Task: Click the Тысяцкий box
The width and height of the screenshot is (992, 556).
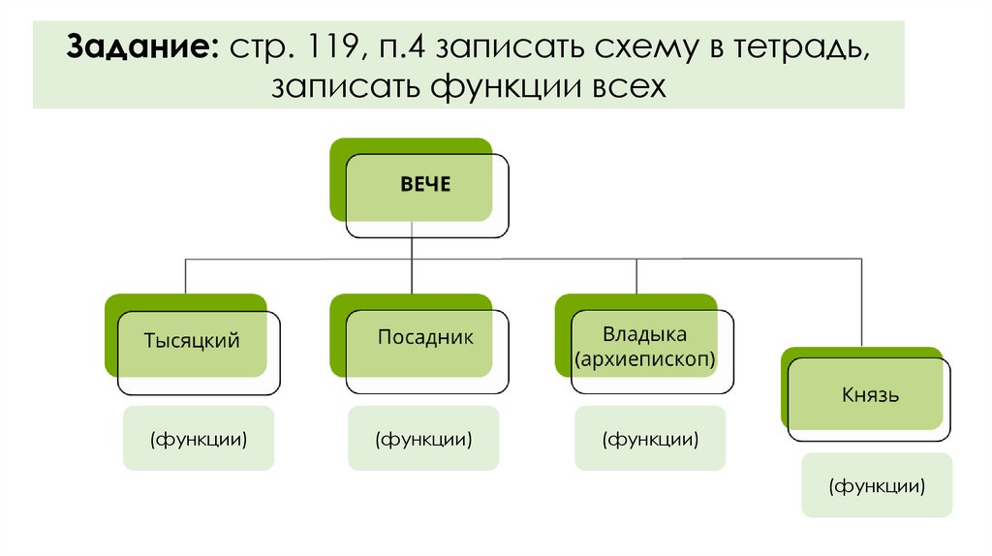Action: (192, 341)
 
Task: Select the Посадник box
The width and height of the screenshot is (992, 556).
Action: (424, 338)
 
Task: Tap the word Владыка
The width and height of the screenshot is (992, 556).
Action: (644, 334)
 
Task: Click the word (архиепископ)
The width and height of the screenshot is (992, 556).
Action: (644, 359)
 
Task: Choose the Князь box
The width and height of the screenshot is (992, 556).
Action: (871, 395)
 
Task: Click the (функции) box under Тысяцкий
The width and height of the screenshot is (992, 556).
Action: (199, 439)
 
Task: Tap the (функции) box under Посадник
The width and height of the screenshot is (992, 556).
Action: (423, 439)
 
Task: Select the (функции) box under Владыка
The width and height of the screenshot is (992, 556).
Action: (649, 439)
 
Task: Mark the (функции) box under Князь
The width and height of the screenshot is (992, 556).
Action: (877, 485)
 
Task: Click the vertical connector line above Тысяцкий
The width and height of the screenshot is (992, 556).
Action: (185, 276)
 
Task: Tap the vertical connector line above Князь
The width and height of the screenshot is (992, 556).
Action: (861, 302)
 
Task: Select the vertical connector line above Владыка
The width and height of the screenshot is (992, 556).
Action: (636, 276)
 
